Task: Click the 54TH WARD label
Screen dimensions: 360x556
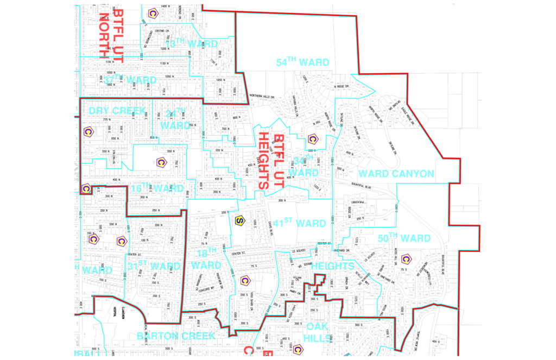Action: point(302,62)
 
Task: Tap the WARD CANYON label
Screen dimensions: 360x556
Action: point(396,174)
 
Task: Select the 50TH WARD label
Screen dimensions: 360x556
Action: point(404,238)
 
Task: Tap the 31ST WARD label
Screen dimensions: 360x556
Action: point(154,266)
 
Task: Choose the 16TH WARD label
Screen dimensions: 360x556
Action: point(157,188)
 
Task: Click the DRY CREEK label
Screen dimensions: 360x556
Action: point(117,111)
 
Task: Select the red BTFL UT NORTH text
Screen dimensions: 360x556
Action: point(112,35)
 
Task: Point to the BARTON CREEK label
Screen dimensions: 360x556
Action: point(176,336)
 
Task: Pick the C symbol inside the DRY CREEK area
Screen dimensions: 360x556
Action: point(87,132)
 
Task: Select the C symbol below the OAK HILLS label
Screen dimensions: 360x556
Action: point(297,349)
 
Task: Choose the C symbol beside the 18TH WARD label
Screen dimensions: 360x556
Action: point(245,280)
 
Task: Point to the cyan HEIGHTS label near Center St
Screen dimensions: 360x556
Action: point(332,266)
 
